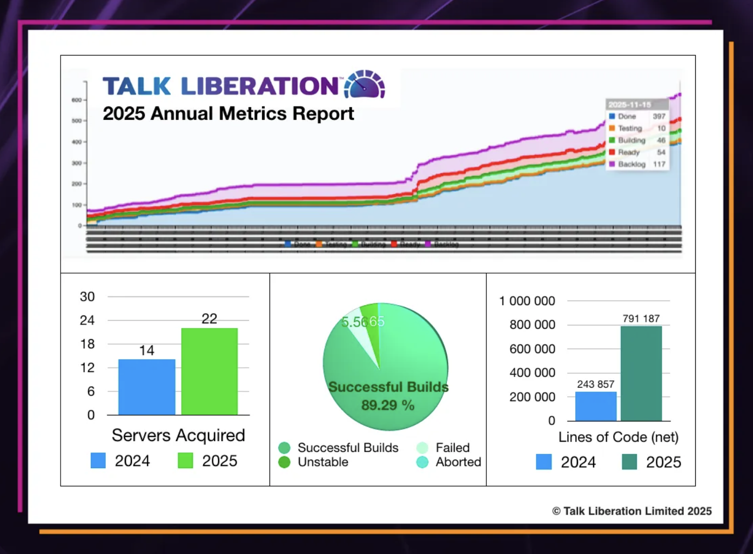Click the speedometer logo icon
[x=364, y=85]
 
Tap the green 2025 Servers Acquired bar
[x=210, y=371]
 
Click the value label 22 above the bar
[x=210, y=319]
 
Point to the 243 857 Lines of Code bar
[x=596, y=406]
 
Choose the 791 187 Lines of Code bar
[x=641, y=373]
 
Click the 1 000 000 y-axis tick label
[x=527, y=301]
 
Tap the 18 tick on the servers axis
[x=88, y=344]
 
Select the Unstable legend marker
[x=285, y=462]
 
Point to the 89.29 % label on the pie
[x=388, y=405]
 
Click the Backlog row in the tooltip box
[x=637, y=164]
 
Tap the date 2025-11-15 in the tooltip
[x=630, y=105]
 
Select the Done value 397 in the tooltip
[x=659, y=116]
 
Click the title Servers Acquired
[x=178, y=435]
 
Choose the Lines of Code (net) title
[x=618, y=437]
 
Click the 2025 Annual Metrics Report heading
[x=228, y=113]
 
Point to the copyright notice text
[x=632, y=511]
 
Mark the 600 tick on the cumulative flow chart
[x=76, y=100]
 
